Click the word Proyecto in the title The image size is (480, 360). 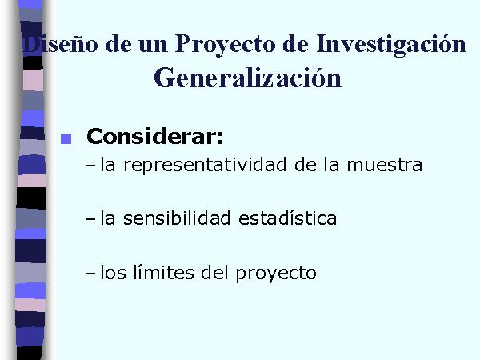point(226,45)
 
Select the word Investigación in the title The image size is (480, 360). point(391,45)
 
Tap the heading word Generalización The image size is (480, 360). point(247,78)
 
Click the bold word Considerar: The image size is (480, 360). point(155,136)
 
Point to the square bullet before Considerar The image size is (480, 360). point(66,138)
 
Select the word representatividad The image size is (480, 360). point(205,165)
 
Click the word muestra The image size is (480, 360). point(385,166)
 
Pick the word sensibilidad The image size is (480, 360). point(177,218)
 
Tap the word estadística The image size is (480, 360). point(287,218)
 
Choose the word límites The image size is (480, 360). point(164,272)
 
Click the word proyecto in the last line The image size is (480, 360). point(276,274)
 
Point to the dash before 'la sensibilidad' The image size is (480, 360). point(91,219)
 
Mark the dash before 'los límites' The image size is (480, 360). point(91,273)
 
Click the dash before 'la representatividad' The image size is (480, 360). point(91,166)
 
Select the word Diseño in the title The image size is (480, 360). point(61,45)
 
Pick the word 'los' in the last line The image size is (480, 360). point(114,272)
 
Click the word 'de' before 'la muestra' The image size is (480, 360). point(306,165)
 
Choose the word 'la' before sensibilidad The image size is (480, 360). point(108,218)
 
